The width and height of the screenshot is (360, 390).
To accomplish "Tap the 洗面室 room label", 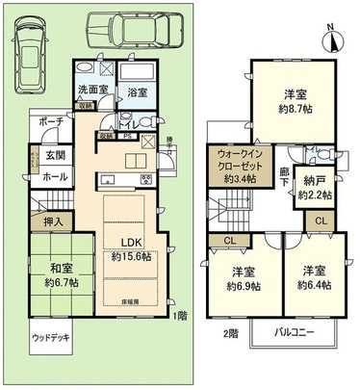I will [x=92, y=91].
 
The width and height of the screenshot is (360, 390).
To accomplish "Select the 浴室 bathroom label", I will [x=137, y=93].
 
